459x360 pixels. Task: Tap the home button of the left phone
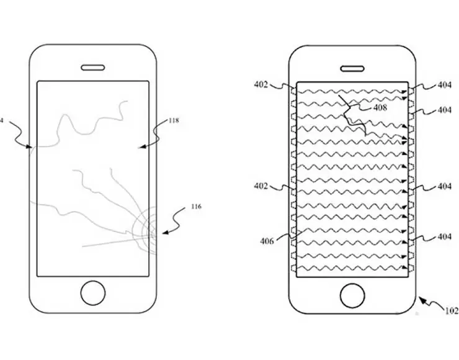[93, 292]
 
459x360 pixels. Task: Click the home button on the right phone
[352, 294]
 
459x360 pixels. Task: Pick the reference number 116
[197, 206]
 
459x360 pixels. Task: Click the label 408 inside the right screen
[380, 107]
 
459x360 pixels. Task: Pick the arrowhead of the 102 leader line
[421, 300]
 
